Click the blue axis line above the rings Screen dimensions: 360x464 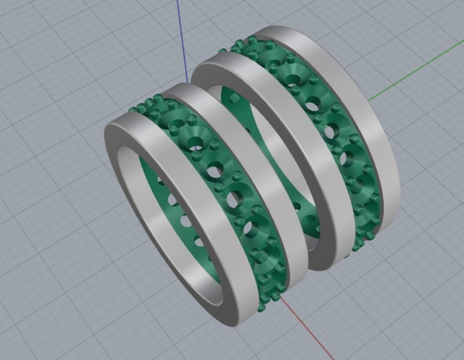tap(182, 40)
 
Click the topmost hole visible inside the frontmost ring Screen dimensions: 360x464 tap(160, 180)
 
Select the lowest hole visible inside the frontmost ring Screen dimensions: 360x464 tap(199, 242)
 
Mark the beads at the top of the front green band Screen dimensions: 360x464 tap(149, 104)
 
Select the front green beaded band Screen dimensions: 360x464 tap(233, 199)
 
